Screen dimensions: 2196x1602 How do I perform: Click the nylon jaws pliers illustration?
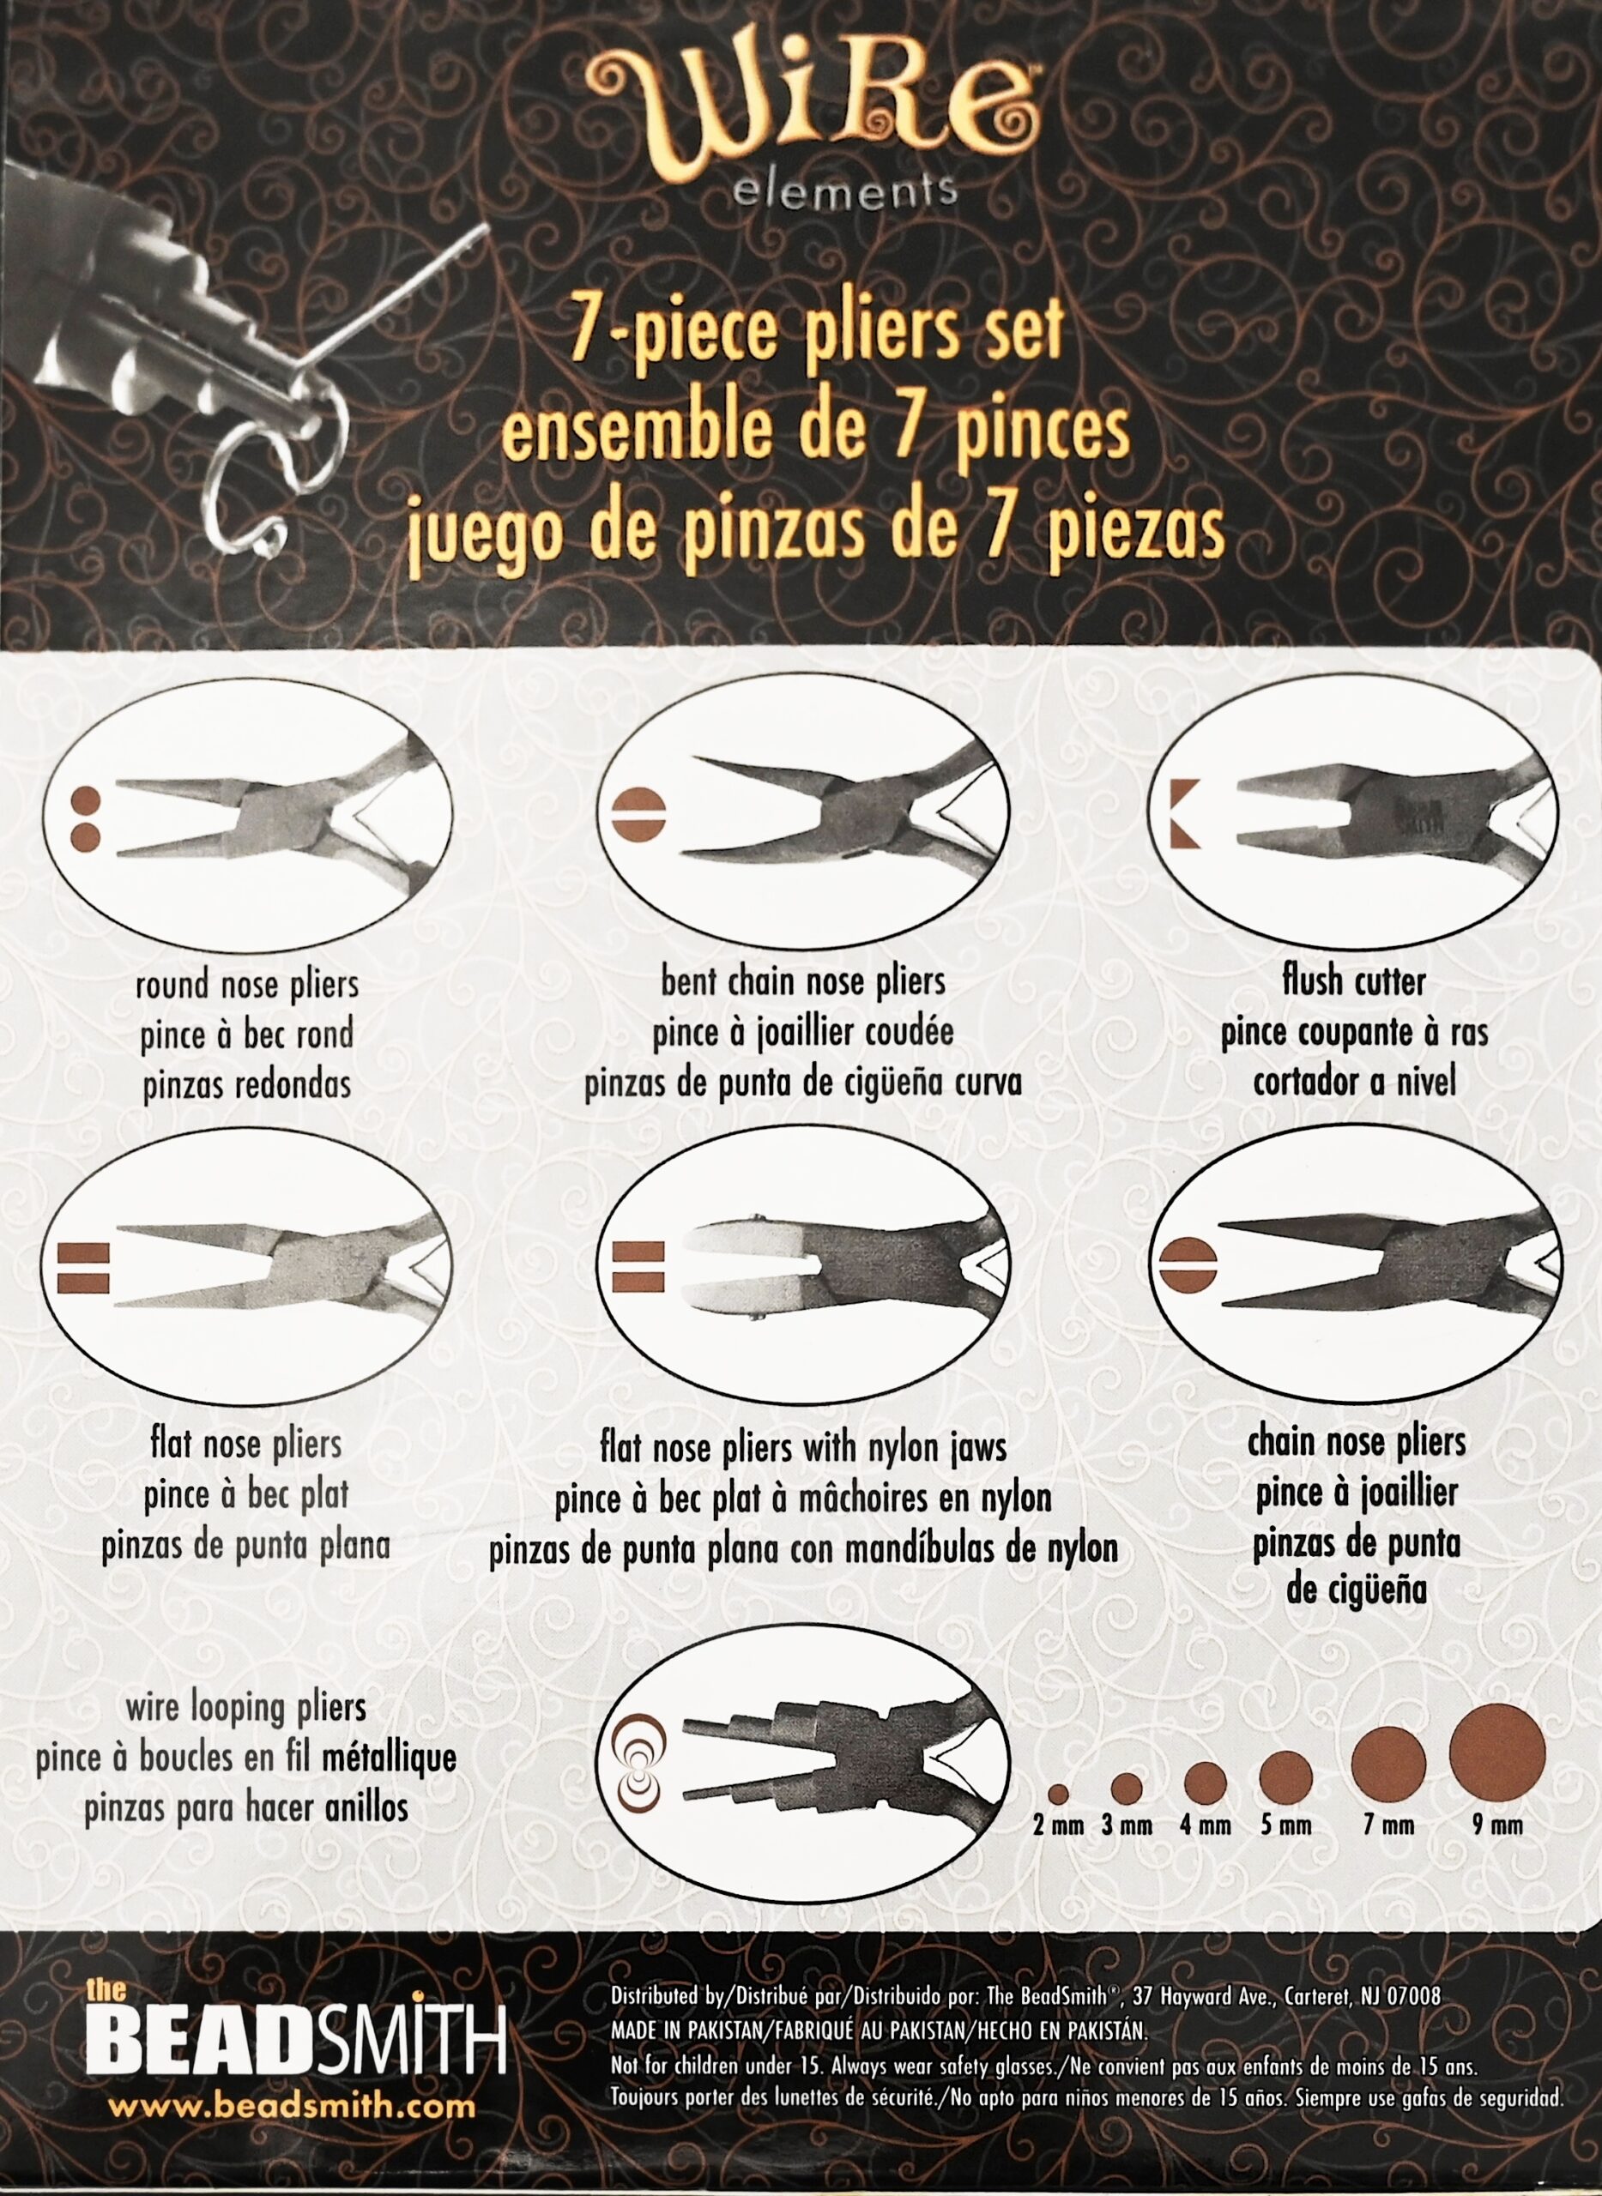pyautogui.click(x=804, y=1273)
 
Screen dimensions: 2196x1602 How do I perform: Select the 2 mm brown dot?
pyautogui.click(x=1058, y=1793)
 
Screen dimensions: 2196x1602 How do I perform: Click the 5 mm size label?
pyautogui.click(x=1286, y=1826)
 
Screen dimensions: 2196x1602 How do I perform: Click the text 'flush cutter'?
pyautogui.click(x=1353, y=981)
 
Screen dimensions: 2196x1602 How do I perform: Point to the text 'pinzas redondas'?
pyautogui.click(x=246, y=1086)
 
